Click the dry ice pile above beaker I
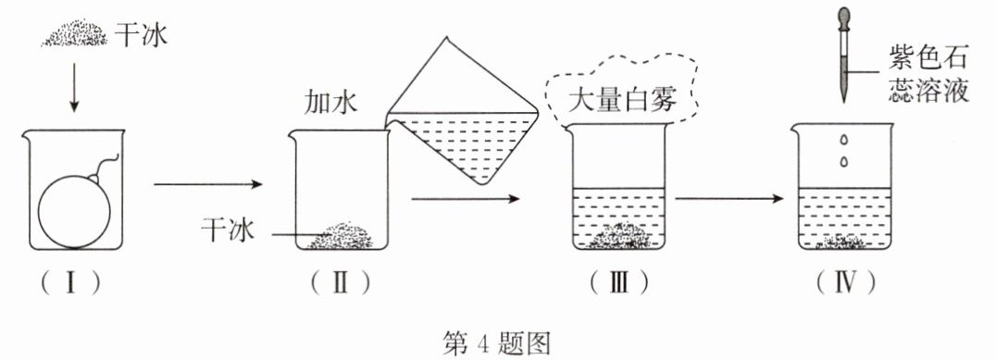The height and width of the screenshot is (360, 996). click(x=74, y=33)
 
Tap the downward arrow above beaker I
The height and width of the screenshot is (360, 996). click(x=74, y=87)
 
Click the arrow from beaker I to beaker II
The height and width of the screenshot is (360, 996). click(x=208, y=185)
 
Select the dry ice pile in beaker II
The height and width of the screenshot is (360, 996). click(x=341, y=236)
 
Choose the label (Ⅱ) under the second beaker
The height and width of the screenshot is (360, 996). click(x=341, y=282)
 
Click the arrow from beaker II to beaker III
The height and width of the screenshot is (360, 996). click(x=466, y=199)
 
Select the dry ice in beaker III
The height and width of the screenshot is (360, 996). click(x=620, y=236)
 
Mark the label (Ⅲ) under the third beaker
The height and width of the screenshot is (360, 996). click(x=619, y=282)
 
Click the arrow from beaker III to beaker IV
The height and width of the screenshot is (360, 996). click(x=728, y=199)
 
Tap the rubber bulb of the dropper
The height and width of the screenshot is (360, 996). click(x=844, y=18)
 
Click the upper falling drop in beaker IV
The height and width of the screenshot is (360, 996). click(x=844, y=140)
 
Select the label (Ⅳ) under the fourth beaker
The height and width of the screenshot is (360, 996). click(x=845, y=282)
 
